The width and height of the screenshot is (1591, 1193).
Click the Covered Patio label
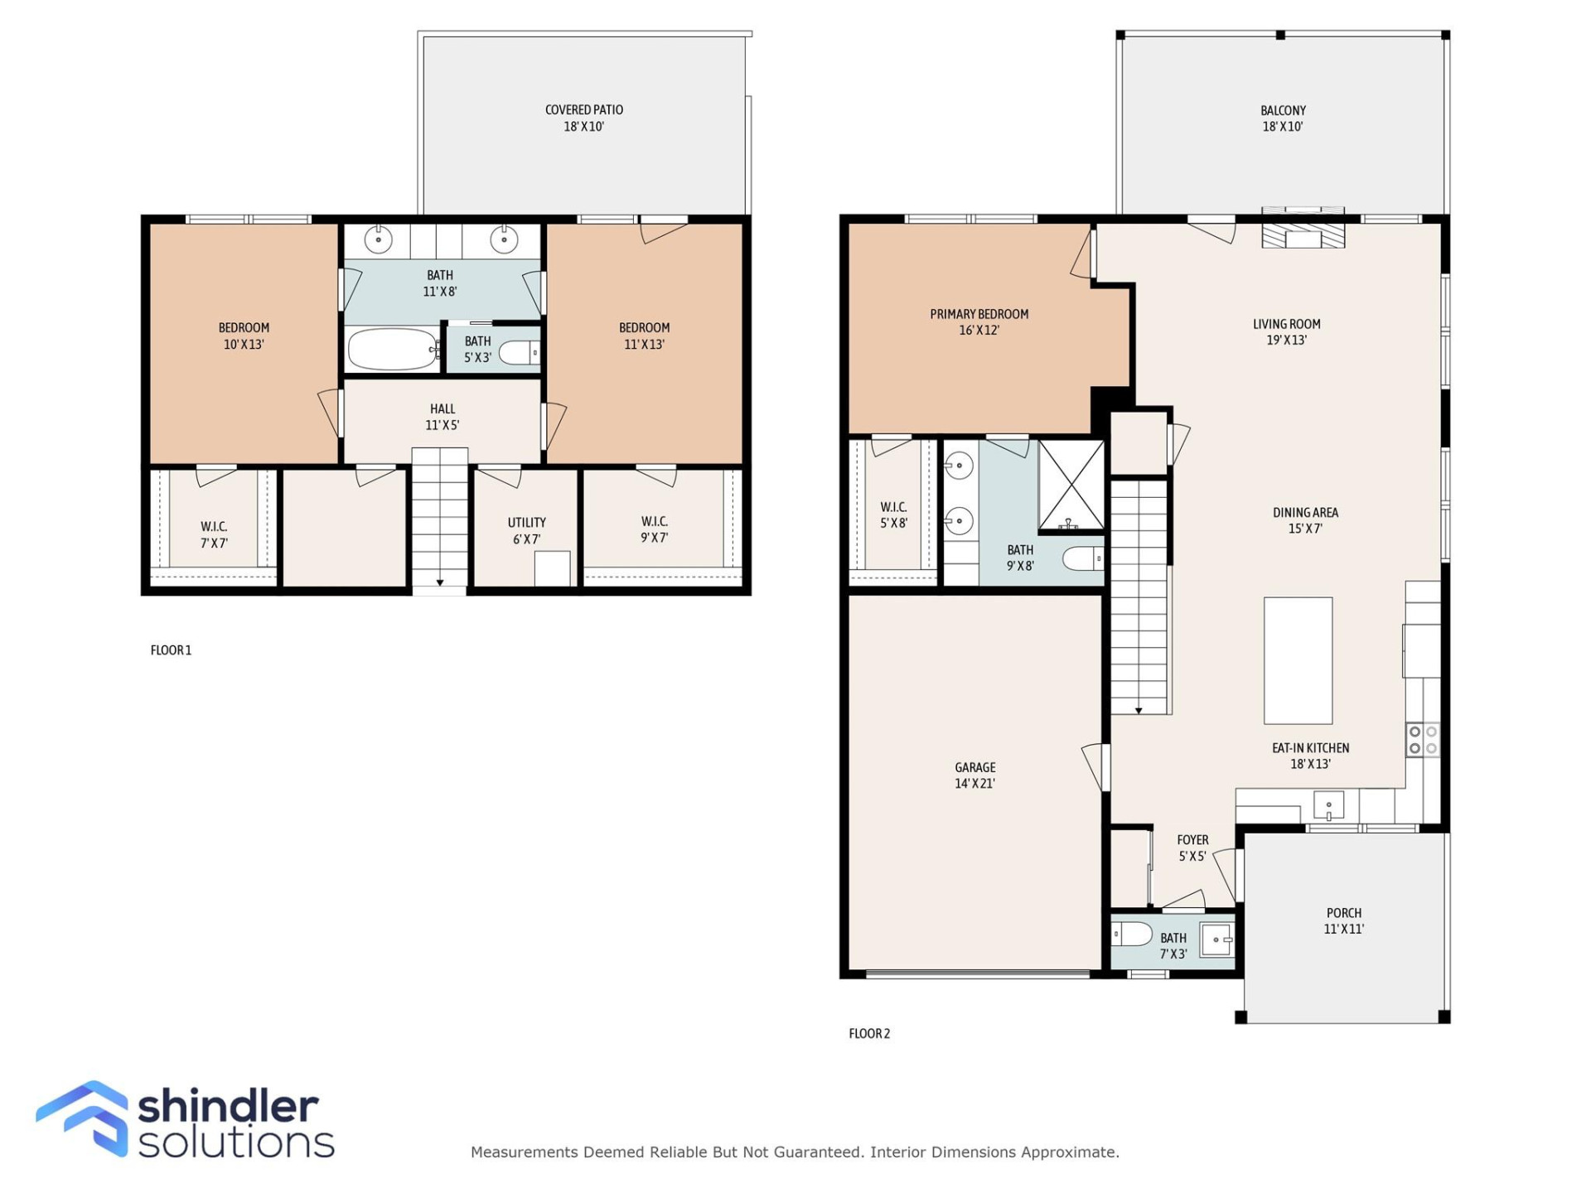click(x=583, y=118)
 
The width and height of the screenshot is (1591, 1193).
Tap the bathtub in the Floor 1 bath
click(x=392, y=349)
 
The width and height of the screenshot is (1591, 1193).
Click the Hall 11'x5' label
click(x=442, y=417)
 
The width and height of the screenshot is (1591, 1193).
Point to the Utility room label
click(x=526, y=530)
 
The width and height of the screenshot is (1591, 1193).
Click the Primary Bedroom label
click(x=979, y=321)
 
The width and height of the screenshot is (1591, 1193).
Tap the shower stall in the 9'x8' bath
click(x=1071, y=485)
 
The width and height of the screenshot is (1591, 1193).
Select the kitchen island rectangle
click(x=1298, y=660)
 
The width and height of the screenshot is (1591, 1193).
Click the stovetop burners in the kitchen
click(x=1423, y=740)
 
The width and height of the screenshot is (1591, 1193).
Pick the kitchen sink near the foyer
click(x=1328, y=804)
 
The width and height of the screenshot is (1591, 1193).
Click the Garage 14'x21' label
click(x=974, y=775)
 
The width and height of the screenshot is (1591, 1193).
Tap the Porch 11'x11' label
click(x=1343, y=920)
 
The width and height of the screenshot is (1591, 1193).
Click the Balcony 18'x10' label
click(x=1282, y=118)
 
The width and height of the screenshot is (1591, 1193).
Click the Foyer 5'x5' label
click(x=1192, y=848)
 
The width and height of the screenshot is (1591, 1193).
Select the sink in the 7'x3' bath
click(x=1216, y=939)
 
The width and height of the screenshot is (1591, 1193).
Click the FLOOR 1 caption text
click(x=171, y=650)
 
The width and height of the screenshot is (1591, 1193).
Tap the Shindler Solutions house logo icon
click(x=83, y=1118)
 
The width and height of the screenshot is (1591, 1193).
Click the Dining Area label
click(x=1305, y=520)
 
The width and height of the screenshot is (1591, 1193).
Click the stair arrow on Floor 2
click(x=1139, y=710)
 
